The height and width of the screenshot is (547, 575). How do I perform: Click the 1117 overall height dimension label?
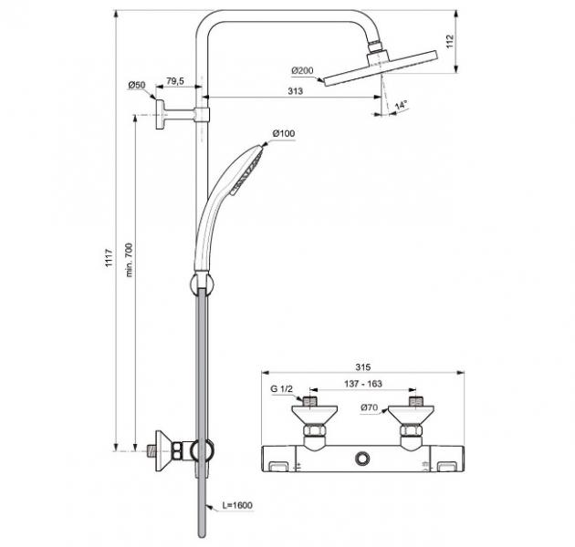tap(109, 260)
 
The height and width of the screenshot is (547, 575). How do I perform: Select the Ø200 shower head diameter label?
tap(303, 71)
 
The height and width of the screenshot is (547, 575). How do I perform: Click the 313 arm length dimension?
tap(295, 90)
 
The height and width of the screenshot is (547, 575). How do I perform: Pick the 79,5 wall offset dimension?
tap(175, 82)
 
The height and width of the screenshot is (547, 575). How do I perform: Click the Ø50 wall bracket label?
tap(136, 86)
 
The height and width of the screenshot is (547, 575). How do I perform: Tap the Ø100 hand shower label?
tap(284, 135)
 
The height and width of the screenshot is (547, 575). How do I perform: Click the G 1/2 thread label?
tap(281, 392)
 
